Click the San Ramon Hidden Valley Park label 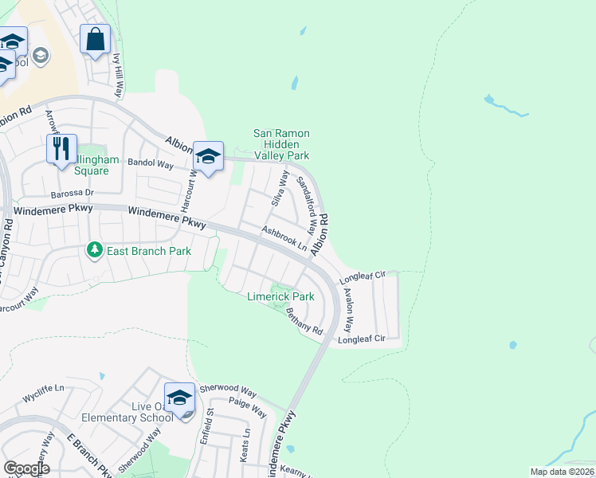coord(280,145)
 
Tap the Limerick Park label coord(280,296)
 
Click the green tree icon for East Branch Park coord(95,250)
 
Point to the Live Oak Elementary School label coord(127,412)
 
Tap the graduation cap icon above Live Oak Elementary coord(179,398)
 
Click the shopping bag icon coord(95,39)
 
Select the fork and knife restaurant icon coord(61,148)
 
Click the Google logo coord(26,468)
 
